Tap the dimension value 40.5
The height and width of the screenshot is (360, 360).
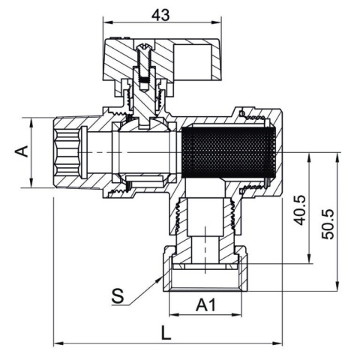tap(299, 210)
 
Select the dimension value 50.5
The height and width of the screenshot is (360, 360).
tap(328, 224)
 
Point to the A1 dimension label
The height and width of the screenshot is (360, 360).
tap(205, 305)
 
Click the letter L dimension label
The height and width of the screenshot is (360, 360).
tap(166, 332)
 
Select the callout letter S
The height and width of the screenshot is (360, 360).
tap(118, 296)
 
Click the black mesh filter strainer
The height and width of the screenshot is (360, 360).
tap(229, 152)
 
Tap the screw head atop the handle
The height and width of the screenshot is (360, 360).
tap(143, 46)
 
